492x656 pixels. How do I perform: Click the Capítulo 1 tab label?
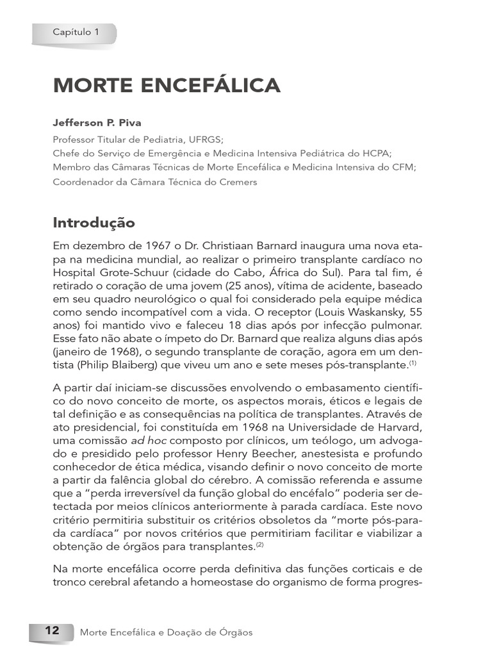click(x=76, y=31)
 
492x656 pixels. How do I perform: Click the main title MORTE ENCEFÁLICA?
click(x=167, y=85)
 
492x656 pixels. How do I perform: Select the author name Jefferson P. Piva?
click(x=97, y=123)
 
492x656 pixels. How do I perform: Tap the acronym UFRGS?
click(x=206, y=138)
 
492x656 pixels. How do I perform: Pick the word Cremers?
click(x=234, y=182)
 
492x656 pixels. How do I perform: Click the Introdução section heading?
click(x=94, y=223)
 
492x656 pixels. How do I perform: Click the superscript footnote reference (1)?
click(x=413, y=363)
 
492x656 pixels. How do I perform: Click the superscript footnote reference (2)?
click(x=259, y=545)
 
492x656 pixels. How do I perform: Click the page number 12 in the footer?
click(x=51, y=631)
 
